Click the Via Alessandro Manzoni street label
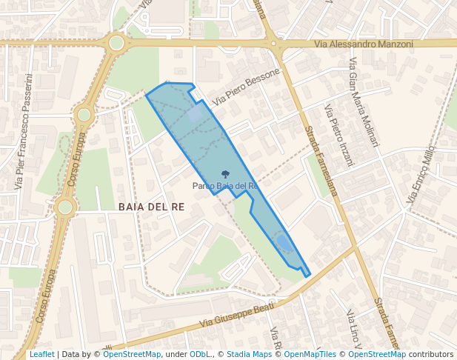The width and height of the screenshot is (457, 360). click(364, 44)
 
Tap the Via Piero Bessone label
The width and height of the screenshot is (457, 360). click(246, 86)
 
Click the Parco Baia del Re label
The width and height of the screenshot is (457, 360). click(225, 186)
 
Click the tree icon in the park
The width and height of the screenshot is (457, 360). click(225, 176)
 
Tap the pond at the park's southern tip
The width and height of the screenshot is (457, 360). click(283, 242)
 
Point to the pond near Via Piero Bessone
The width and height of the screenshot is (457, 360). click(194, 115)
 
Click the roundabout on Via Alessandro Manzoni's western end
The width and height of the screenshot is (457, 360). click(116, 43)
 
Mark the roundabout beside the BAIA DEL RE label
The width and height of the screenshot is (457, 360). click(65, 207)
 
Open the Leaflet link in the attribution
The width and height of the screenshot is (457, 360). click(41, 354)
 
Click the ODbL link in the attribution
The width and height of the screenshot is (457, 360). click(200, 354)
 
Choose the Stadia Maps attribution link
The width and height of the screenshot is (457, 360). click(249, 354)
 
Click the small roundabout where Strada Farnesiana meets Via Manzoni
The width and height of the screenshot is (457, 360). click(274, 44)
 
